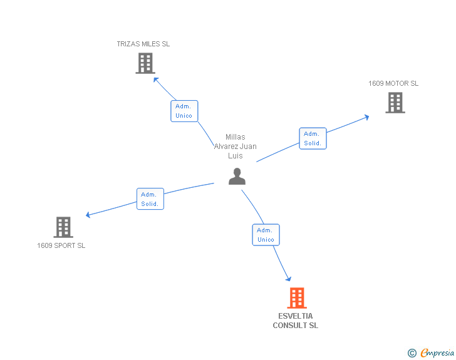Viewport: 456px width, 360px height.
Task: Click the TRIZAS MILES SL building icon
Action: (x=145, y=63)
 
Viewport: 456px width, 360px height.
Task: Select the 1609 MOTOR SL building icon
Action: (x=395, y=103)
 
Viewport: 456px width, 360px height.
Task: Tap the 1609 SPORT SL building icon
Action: (x=63, y=227)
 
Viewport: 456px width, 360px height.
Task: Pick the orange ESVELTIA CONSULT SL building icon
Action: (x=297, y=298)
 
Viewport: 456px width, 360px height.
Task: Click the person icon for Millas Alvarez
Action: (x=237, y=177)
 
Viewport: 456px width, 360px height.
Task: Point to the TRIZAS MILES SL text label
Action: (x=143, y=44)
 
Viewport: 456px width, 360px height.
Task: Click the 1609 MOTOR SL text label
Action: (x=393, y=83)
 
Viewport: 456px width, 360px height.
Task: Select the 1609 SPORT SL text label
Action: (x=61, y=245)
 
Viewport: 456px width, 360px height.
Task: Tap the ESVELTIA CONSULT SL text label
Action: (x=296, y=321)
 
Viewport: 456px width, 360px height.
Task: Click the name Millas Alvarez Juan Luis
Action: (x=235, y=146)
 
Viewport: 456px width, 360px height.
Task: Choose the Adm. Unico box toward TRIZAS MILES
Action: (x=184, y=111)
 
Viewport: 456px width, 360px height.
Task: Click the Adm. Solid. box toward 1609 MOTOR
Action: (x=313, y=138)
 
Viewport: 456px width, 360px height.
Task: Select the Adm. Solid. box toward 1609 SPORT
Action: (x=150, y=199)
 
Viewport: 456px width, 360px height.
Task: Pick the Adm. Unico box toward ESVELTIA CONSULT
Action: (x=266, y=235)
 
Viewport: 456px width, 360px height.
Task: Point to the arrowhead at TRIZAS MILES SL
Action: (x=157, y=80)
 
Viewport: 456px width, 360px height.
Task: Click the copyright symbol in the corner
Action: (x=412, y=353)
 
